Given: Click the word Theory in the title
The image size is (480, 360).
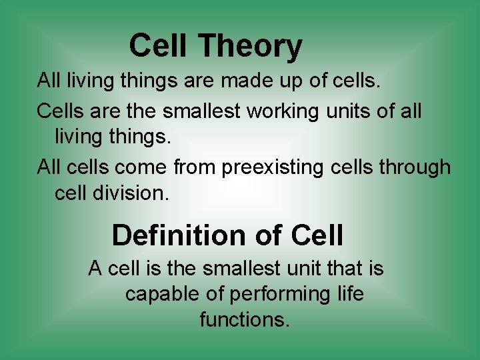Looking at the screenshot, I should (251, 47).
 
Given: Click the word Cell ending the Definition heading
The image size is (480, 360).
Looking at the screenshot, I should (317, 235).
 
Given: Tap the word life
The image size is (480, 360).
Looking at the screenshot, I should (350, 294).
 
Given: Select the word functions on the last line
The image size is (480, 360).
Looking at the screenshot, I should (245, 320).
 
